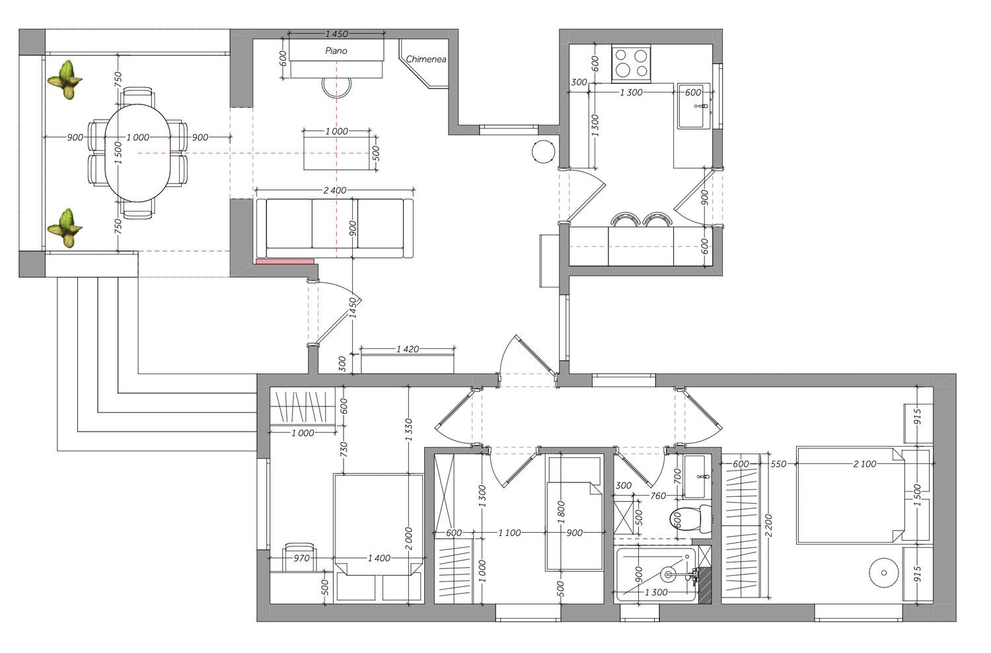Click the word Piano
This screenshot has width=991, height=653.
[336, 51]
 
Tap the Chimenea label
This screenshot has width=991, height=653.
[425, 59]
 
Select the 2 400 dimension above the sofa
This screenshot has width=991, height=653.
[335, 190]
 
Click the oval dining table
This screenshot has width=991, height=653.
[137, 153]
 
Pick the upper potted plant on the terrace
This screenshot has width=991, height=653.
[65, 80]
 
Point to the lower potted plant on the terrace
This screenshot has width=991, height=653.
[65, 228]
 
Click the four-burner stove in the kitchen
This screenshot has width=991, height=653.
[632, 64]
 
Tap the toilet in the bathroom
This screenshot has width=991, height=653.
[690, 519]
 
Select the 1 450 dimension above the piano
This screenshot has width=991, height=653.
[337, 34]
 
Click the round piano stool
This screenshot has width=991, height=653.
[336, 87]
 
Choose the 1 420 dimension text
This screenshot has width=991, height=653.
[408, 349]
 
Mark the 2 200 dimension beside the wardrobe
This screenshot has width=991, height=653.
[768, 525]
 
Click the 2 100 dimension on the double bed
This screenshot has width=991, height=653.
[864, 464]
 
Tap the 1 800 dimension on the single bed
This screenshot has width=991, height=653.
[562, 512]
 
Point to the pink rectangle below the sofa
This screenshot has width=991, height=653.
[285, 262]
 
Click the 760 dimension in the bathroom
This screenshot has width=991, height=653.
[658, 496]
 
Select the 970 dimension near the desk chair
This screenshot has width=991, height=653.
[302, 558]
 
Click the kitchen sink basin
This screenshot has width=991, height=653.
[693, 106]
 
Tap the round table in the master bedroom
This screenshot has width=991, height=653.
[883, 572]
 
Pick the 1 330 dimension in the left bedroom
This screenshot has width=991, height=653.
[408, 430]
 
